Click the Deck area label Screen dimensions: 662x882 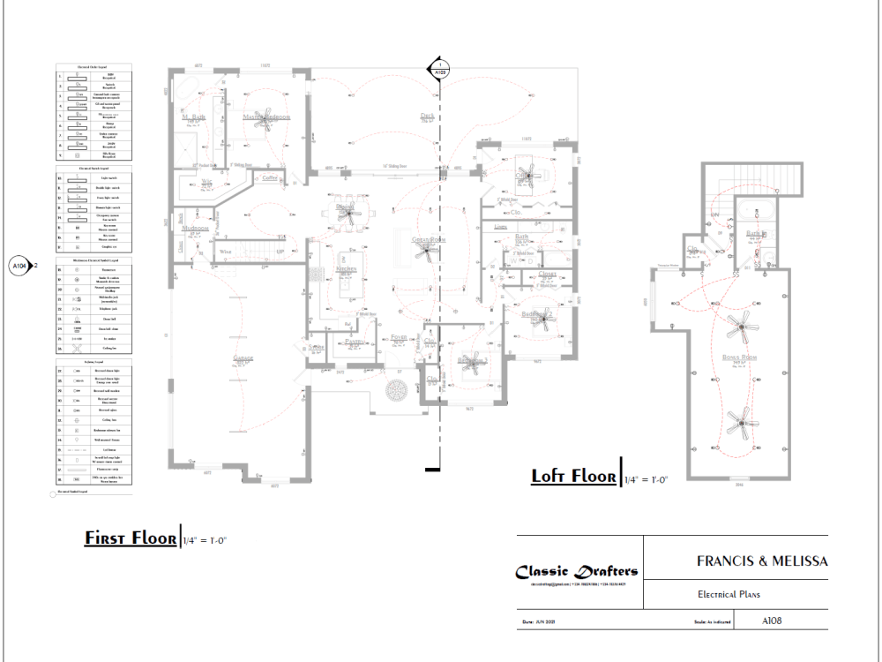tap(427, 116)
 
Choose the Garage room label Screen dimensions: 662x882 tap(243, 358)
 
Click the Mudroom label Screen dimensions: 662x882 tap(195, 228)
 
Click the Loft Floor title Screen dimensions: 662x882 tap(573, 477)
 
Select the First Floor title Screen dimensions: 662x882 tap(130, 538)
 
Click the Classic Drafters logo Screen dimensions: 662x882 tap(577, 571)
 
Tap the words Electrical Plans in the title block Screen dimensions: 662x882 tap(729, 595)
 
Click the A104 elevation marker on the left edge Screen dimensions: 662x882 tap(19, 265)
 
